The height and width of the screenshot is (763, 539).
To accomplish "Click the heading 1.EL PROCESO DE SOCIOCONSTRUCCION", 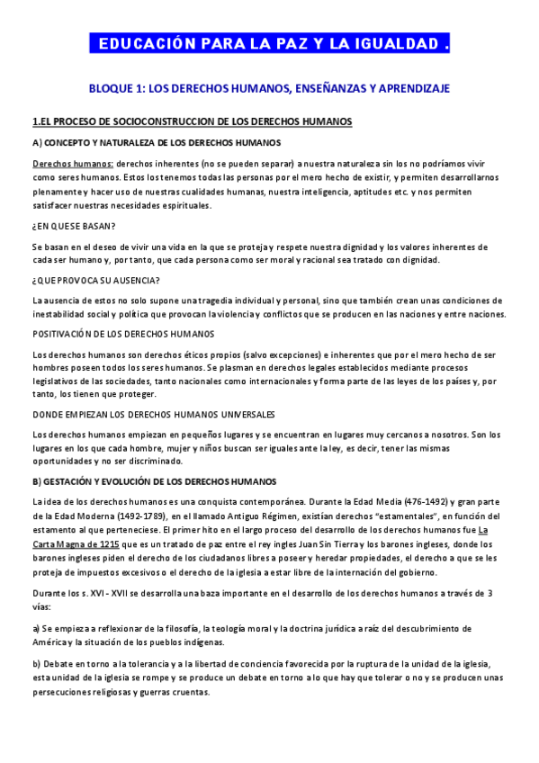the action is coord(192,121).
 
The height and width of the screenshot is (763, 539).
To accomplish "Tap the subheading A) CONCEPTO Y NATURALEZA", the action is coord(157,143).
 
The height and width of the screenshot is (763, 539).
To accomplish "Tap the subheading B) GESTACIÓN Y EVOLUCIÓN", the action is coord(154,481).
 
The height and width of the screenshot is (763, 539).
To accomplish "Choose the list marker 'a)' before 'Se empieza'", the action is coord(35,627).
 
